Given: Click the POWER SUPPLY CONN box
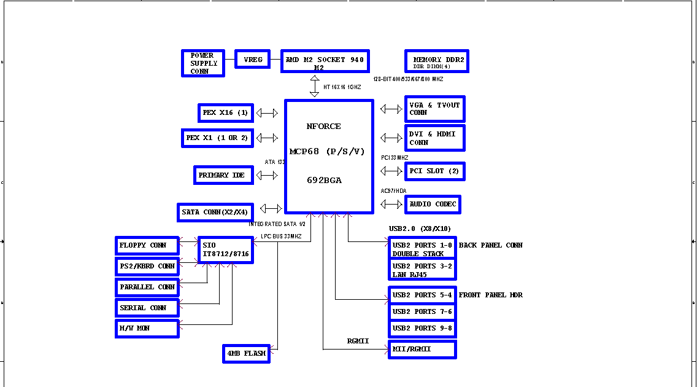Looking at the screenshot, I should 202,63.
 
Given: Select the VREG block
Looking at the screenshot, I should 253,60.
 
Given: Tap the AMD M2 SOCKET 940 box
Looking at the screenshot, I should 325,61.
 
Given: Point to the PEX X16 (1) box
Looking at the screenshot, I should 226,113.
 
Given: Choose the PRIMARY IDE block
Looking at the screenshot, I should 223,175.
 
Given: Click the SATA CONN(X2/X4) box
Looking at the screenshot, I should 215,213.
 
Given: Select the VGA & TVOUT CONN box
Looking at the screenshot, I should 434,109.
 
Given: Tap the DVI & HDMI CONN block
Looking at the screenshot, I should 434,138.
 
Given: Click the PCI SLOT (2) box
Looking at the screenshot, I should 434,171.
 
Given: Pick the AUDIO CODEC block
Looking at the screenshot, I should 433,205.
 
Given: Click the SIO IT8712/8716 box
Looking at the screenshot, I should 225,250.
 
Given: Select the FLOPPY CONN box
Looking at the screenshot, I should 147,246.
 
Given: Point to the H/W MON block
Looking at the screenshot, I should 147,329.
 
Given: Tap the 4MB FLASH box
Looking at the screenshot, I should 246,354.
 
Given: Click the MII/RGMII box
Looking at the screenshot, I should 422,350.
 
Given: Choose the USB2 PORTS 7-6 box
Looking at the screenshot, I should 422,312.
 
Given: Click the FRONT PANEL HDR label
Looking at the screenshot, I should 490,295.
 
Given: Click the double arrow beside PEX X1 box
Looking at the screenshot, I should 267,138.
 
